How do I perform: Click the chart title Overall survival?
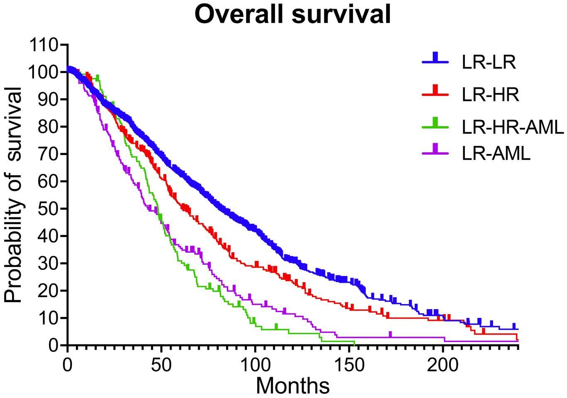292,15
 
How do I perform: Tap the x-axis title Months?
293,386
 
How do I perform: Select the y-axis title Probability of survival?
13,195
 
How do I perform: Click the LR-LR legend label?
489,63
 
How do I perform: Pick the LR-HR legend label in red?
490,95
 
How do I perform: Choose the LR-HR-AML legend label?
513,127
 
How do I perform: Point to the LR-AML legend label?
496,154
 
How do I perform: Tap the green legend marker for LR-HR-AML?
435,124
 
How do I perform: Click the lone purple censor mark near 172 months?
390,335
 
